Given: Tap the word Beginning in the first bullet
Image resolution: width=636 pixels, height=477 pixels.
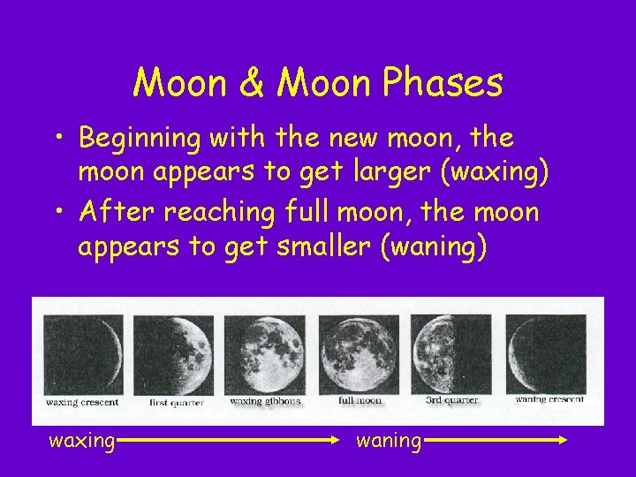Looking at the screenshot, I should (x=150, y=139).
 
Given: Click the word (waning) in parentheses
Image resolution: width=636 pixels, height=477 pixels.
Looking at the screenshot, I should (x=432, y=247).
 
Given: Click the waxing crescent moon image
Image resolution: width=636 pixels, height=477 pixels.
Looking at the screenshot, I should (x=83, y=355).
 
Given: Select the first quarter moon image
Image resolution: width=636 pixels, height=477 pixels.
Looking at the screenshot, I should (x=173, y=355).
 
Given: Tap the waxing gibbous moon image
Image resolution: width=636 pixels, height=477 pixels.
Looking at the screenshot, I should (x=264, y=355).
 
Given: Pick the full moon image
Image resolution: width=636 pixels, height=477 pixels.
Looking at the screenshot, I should (x=359, y=355).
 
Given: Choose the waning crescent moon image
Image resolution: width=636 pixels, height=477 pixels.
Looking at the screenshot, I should (x=546, y=355).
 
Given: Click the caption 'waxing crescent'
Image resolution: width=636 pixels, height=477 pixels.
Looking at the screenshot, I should (x=82, y=402).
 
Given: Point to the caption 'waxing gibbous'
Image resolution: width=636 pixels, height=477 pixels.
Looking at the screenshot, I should (x=265, y=401).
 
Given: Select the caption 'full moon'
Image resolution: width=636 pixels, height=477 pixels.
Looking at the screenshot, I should (x=360, y=400).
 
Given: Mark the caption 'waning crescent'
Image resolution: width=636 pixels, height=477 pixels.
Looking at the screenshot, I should (x=549, y=399).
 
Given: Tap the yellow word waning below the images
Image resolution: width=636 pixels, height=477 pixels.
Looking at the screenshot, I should (x=389, y=440).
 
